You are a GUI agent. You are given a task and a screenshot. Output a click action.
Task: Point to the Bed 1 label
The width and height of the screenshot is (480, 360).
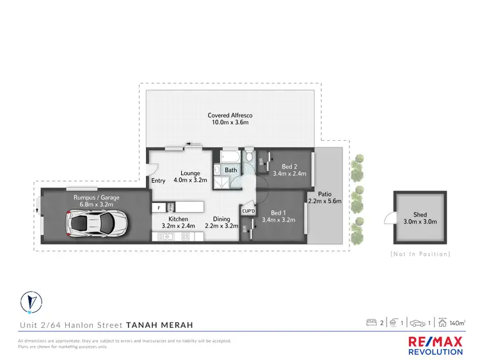277,213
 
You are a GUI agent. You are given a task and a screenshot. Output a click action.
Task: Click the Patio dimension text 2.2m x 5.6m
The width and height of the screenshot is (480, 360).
325,200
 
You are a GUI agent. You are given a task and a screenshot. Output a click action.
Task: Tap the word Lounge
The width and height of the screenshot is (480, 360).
190,173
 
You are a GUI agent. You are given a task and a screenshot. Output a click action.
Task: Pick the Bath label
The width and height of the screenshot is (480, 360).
230,170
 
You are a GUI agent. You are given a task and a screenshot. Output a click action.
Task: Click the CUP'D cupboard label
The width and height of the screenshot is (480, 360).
248,210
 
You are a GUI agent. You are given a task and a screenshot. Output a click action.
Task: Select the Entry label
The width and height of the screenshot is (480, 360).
158,181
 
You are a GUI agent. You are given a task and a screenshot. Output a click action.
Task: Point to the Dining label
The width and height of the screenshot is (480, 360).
221,219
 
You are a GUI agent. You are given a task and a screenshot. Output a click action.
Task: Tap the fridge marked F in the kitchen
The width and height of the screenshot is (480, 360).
159,208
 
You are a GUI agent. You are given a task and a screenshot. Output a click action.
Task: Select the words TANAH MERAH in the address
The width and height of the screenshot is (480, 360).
159,325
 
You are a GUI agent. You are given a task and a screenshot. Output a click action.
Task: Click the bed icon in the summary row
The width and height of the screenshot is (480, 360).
371,322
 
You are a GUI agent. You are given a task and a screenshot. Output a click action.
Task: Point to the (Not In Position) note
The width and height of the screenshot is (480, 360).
420,254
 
